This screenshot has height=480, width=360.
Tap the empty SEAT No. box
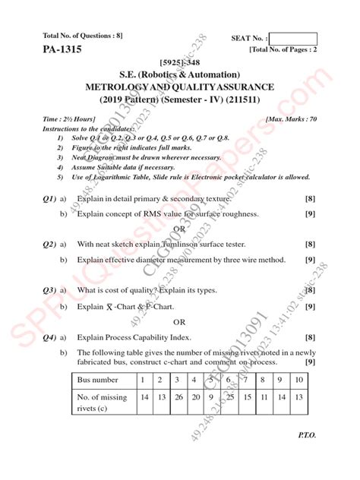(x=293, y=38)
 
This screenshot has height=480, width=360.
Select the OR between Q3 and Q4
(x=180, y=321)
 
